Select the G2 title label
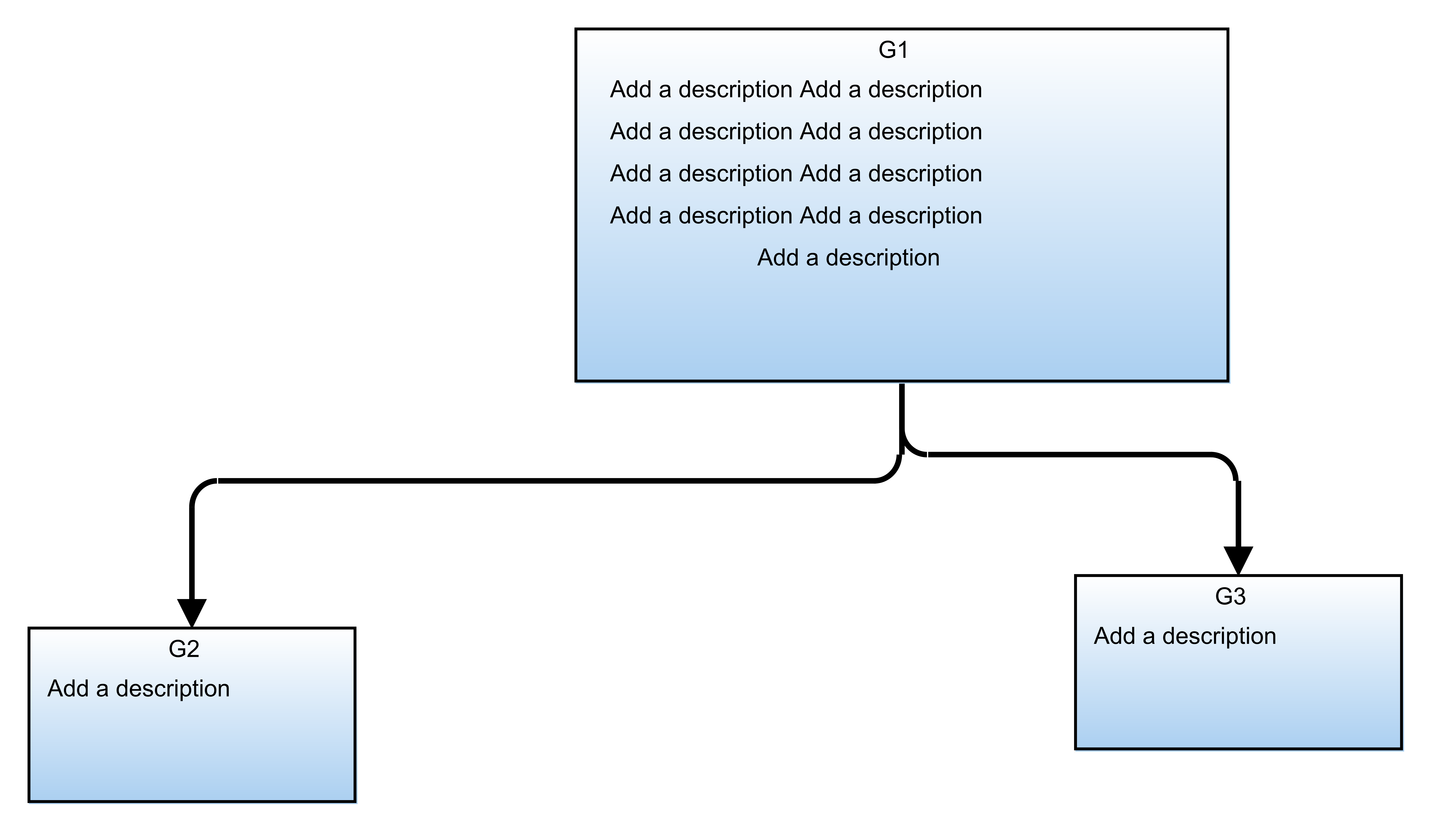(x=184, y=649)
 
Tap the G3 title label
(x=1230, y=597)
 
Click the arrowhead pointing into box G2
(x=192, y=613)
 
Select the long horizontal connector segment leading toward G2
(x=546, y=481)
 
